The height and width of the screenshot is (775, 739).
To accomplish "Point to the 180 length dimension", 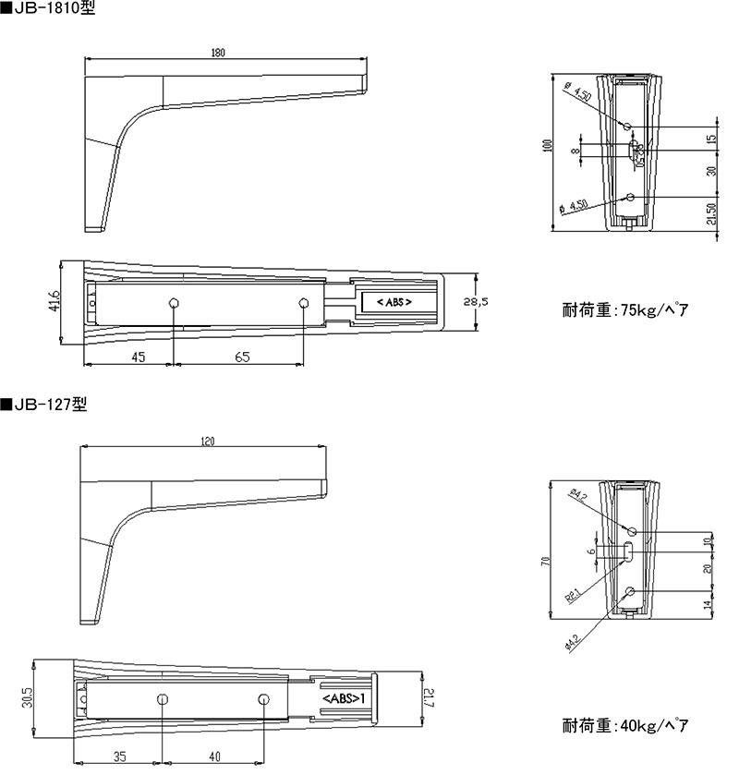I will pyautogui.click(x=218, y=53).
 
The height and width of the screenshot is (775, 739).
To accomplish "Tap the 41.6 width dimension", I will pyautogui.click(x=55, y=302).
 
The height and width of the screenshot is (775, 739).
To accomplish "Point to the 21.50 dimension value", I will pyautogui.click(x=711, y=214).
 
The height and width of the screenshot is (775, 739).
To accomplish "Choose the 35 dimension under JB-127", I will pyautogui.click(x=119, y=757).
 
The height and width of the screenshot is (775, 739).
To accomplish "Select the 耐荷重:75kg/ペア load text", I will pyautogui.click(x=625, y=309).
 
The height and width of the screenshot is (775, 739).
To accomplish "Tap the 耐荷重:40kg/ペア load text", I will pyautogui.click(x=625, y=725).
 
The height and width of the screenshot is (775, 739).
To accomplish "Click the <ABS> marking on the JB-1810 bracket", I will pyautogui.click(x=386, y=302).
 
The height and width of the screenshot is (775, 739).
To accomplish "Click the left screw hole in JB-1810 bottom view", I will pyautogui.click(x=174, y=303).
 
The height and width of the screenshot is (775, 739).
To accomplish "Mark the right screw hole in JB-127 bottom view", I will pyautogui.click(x=263, y=699).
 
